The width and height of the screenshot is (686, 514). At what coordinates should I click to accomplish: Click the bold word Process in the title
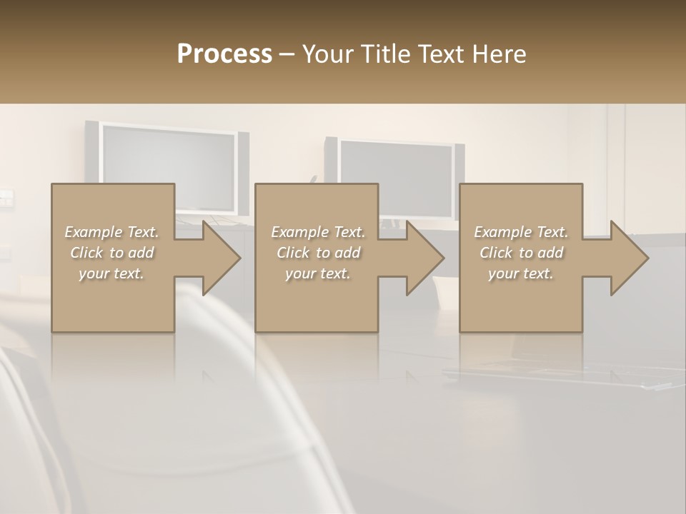[x=224, y=54]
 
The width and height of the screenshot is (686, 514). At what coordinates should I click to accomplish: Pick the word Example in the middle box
[x=299, y=232]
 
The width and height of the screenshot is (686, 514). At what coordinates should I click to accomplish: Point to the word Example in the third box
[x=502, y=232]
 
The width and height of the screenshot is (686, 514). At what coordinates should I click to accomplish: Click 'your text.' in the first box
[x=111, y=273]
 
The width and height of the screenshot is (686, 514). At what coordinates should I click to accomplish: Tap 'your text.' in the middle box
[x=318, y=273]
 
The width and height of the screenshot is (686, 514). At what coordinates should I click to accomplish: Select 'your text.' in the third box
[x=521, y=273]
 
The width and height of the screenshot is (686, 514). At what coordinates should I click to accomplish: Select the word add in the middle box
[x=347, y=253]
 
